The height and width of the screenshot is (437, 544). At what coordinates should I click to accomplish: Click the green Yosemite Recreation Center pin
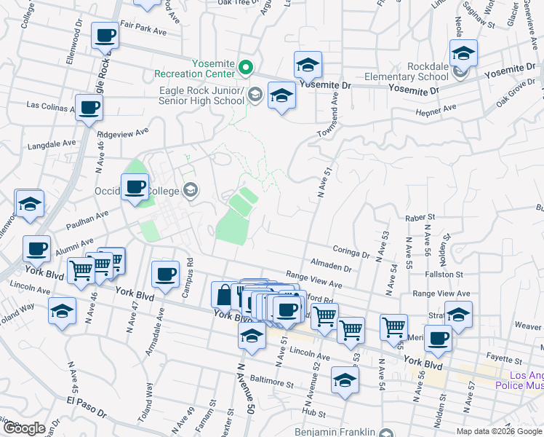point(246,69)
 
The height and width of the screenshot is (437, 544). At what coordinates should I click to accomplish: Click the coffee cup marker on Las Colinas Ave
point(89,107)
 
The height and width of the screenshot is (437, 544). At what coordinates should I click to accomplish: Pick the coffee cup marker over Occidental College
point(135,186)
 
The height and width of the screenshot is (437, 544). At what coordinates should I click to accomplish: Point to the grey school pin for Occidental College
point(191,191)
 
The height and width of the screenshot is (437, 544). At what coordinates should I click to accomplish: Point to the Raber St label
point(420,217)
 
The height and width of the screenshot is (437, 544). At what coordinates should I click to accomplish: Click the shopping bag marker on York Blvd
point(223,296)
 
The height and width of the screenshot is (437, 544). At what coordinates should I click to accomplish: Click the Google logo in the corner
point(24,428)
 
